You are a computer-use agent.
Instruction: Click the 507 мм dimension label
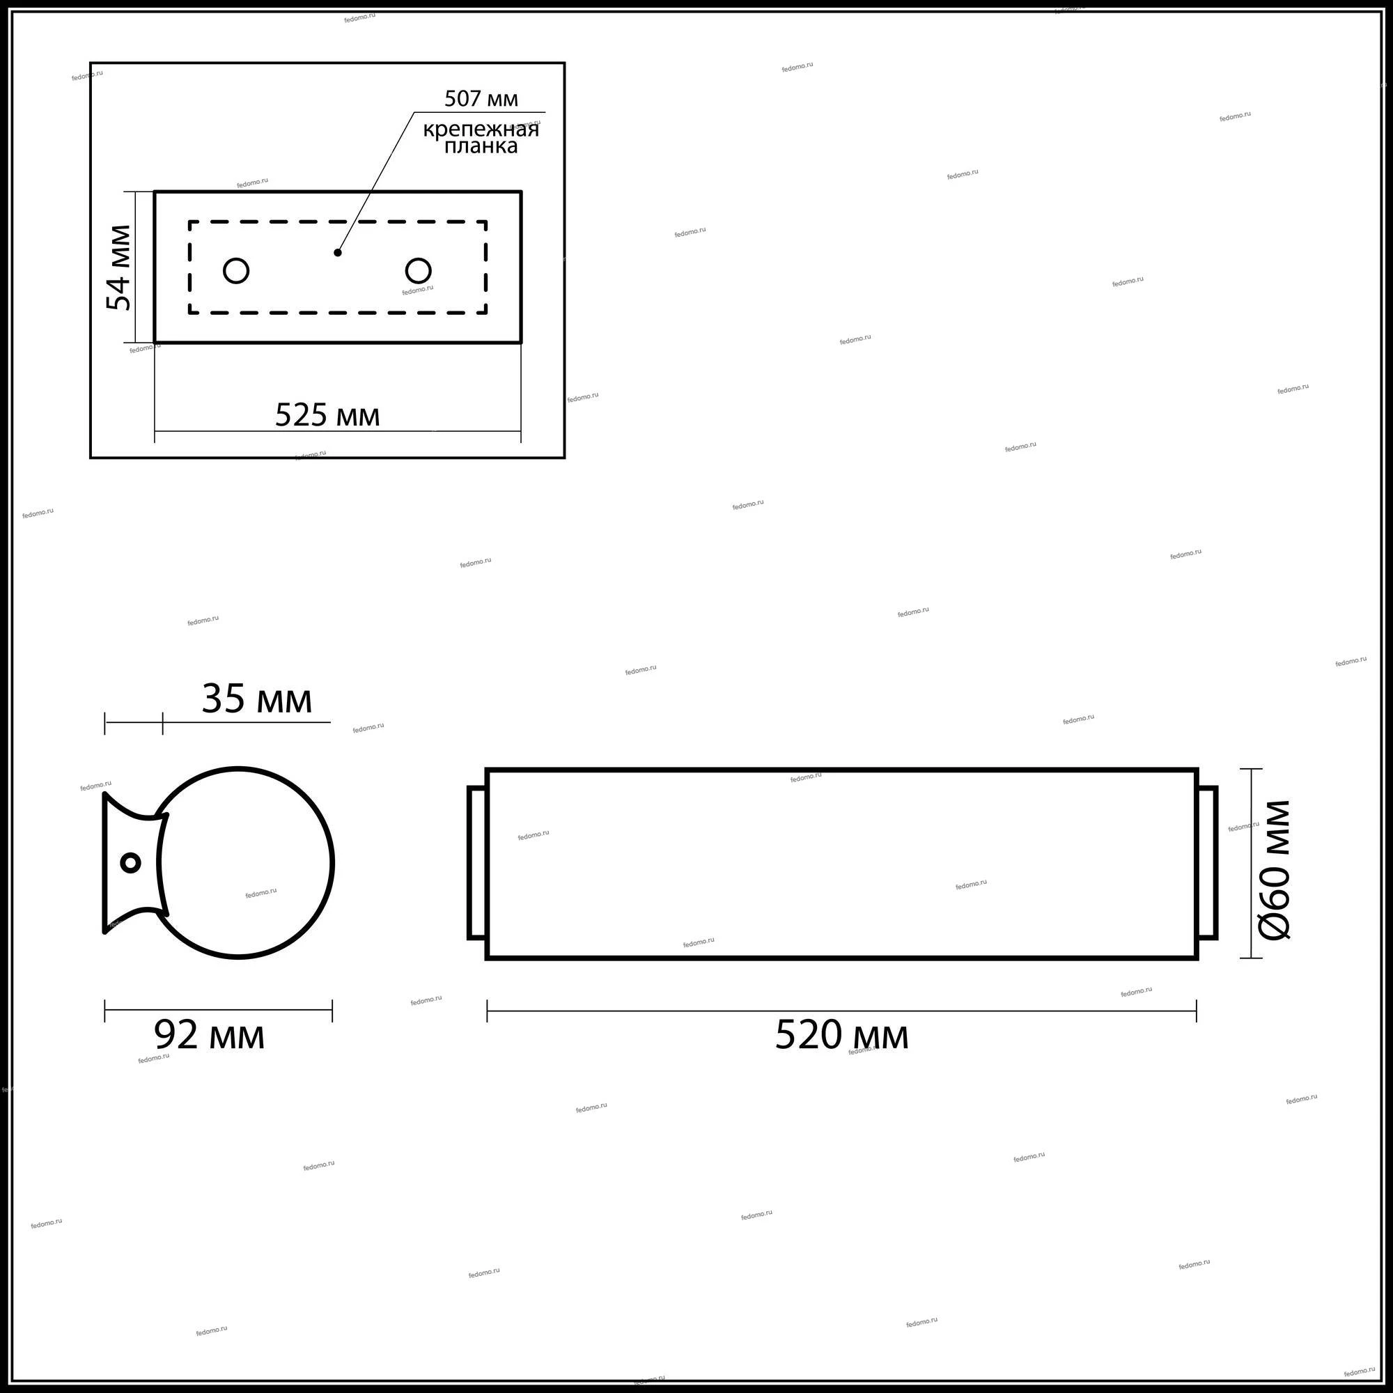[481, 98]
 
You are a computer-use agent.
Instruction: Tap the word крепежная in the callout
[481, 130]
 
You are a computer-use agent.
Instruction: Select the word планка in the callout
[480, 146]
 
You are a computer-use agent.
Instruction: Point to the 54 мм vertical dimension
[120, 267]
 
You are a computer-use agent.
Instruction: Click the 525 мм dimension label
[327, 415]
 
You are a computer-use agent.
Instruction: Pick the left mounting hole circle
[237, 271]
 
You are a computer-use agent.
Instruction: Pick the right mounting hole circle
[418, 271]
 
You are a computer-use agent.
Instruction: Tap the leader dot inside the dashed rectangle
[337, 252]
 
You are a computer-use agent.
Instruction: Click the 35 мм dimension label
[257, 699]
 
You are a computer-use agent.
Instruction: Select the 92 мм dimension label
[209, 1036]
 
